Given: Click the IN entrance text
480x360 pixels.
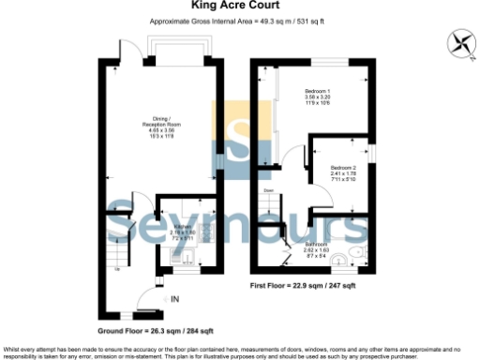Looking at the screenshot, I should click(x=174, y=299).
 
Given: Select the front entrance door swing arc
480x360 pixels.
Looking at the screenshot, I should click(x=149, y=298).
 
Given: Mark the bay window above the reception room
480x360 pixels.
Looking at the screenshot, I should click(x=170, y=49).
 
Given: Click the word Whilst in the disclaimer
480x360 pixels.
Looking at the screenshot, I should click(x=10, y=348).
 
